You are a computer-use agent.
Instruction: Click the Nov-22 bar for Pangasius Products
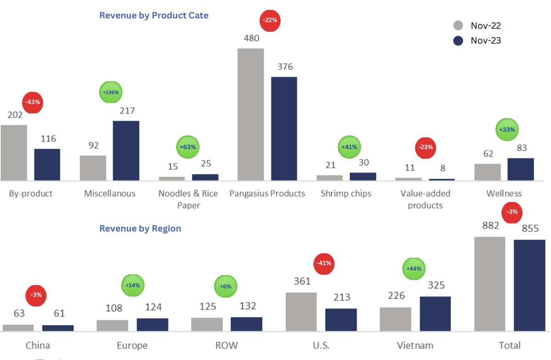coord(250,114)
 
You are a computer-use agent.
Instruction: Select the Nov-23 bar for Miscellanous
coord(126,151)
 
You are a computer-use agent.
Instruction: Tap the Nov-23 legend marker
coord(458,41)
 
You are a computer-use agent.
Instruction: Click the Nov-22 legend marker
coord(458,25)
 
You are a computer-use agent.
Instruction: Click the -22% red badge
coord(270,20)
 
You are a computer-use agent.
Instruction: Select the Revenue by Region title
coord(140,228)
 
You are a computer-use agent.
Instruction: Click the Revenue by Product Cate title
coord(154,15)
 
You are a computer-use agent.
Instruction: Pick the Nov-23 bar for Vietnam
coord(435,314)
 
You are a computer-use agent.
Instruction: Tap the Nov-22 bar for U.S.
coord(301,311)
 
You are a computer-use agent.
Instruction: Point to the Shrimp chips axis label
coord(346,193)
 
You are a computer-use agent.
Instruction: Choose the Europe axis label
coord(132,345)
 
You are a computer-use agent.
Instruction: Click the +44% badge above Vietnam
coord(415,268)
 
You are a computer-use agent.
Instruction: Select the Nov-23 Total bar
coord(529,285)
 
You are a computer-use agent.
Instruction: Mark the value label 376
coord(284,67)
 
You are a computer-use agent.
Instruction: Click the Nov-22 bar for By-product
coord(14,152)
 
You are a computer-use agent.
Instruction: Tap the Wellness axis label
coord(504,193)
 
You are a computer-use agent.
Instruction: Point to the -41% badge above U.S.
coord(325,264)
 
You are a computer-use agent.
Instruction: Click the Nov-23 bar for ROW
coord(246,324)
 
